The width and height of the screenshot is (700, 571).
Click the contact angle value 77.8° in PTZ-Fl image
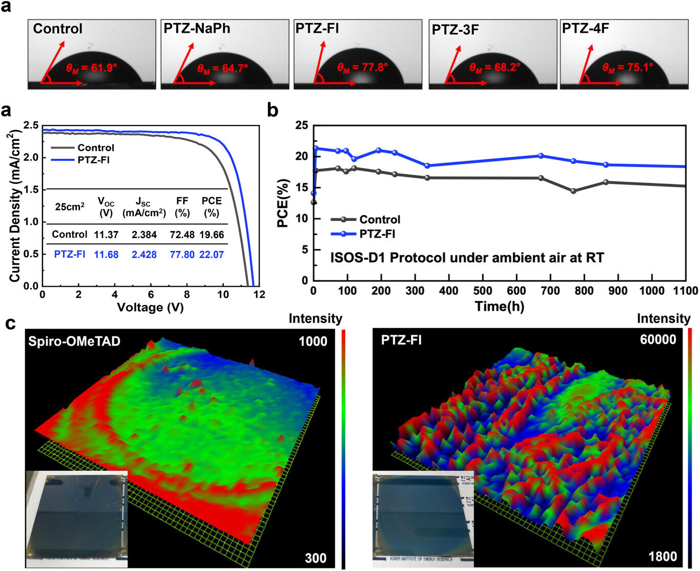(362, 67)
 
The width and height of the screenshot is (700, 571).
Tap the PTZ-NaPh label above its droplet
(197, 29)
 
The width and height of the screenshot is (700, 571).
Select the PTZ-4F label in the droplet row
(585, 28)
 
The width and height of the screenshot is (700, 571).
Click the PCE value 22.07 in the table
(211, 254)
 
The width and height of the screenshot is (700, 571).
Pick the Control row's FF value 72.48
(182, 235)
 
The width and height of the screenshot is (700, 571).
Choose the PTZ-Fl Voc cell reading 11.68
(106, 254)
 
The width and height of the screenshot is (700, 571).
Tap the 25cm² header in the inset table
(70, 207)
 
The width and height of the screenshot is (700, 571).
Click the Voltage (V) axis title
(150, 307)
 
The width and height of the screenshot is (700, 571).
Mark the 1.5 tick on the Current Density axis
(31, 190)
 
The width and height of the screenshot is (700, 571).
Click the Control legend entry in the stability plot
(379, 220)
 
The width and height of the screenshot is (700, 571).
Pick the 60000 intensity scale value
(657, 340)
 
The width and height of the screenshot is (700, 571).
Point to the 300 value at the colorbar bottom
(315, 558)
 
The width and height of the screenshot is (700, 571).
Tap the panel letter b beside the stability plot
(274, 110)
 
